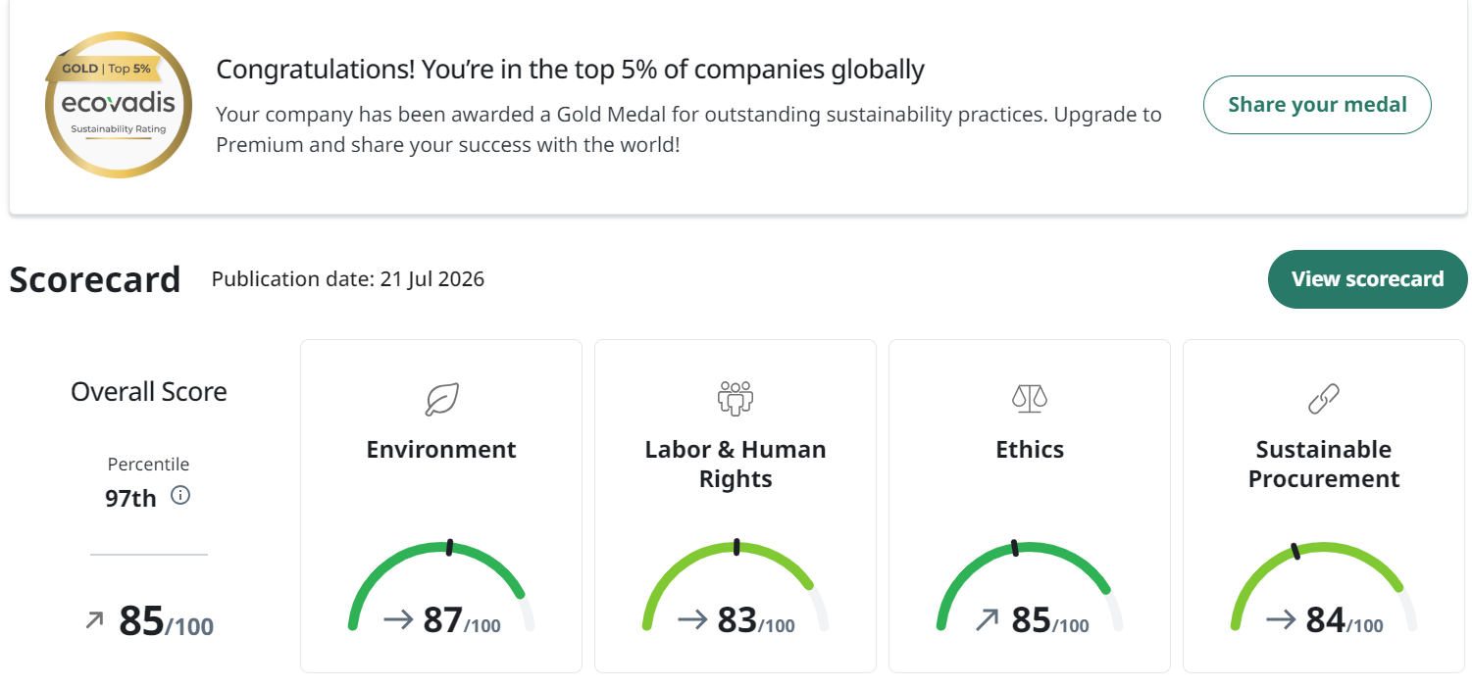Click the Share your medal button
click(x=1317, y=105)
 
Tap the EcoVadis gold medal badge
click(x=119, y=105)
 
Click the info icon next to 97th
click(x=180, y=495)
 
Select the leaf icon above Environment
click(x=441, y=399)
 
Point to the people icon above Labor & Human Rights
click(x=736, y=399)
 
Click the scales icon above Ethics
click(x=1030, y=399)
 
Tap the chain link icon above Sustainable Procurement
click(x=1324, y=399)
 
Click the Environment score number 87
click(x=442, y=619)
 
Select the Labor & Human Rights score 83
click(x=736, y=619)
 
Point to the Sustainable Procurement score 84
click(x=1325, y=619)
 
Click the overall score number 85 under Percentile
click(x=140, y=620)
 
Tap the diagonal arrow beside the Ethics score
click(x=987, y=619)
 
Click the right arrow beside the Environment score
click(x=398, y=619)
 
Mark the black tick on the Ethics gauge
click(x=1015, y=548)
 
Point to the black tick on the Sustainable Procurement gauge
click(x=1295, y=552)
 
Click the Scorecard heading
click(x=94, y=279)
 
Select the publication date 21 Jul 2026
click(x=431, y=279)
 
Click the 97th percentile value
click(x=130, y=498)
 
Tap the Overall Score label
click(x=148, y=392)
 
